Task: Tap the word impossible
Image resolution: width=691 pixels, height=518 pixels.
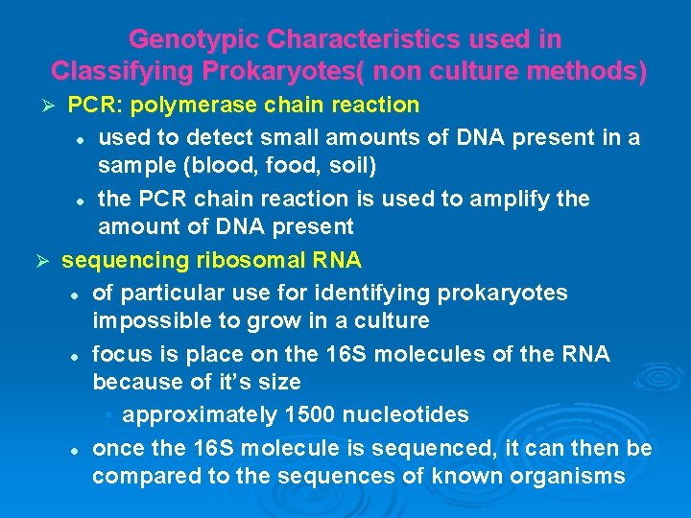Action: (149, 320)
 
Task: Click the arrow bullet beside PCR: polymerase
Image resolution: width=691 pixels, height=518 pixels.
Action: (55, 105)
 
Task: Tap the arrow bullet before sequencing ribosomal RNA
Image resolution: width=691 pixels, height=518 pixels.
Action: (40, 260)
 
